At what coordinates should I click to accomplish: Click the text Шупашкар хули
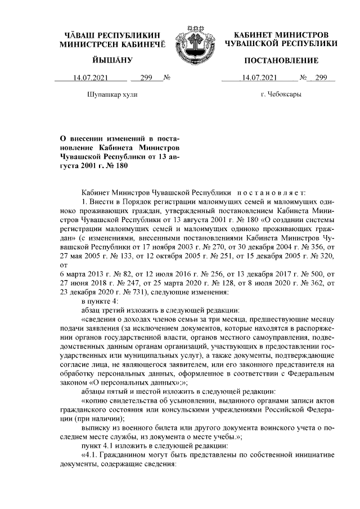(113, 94)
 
